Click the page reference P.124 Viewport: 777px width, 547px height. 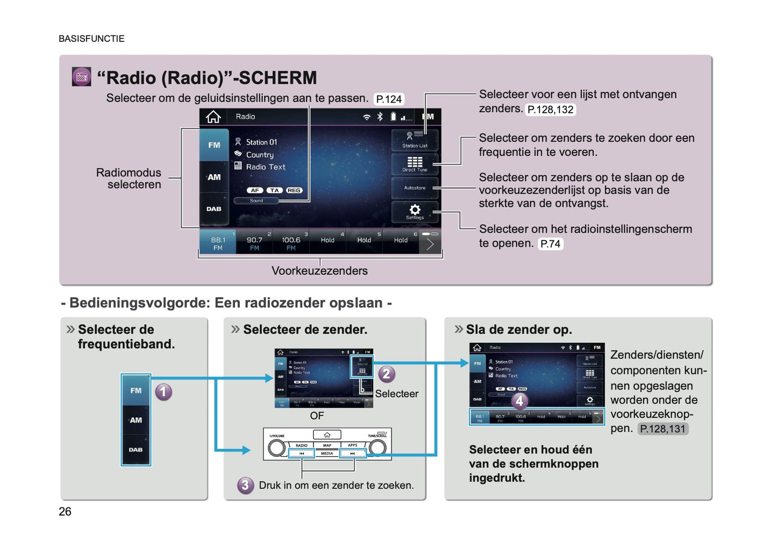pos(389,99)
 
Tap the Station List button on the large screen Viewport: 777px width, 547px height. pos(415,140)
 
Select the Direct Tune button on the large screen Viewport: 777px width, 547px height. pos(415,164)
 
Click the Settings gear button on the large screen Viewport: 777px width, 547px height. pos(415,211)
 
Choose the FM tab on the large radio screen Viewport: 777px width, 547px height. pos(214,145)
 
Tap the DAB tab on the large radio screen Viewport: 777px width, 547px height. pos(214,209)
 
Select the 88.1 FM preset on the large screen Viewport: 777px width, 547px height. pos(218,243)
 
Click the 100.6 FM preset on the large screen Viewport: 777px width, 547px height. pos(291,243)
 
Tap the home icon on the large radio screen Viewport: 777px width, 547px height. pos(213,117)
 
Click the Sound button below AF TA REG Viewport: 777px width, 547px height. pos(256,201)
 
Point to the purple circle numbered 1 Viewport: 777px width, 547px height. pos(163,392)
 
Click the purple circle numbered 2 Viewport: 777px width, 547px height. pos(386,374)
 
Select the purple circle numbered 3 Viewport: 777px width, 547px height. pos(245,485)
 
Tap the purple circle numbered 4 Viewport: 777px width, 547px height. pos(519,401)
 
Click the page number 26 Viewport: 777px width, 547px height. pos(65,512)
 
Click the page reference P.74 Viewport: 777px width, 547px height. pos(551,244)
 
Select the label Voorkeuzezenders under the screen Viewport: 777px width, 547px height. pos(319,271)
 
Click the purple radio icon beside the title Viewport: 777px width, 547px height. pos(81,77)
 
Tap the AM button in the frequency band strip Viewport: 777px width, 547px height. pos(136,420)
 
